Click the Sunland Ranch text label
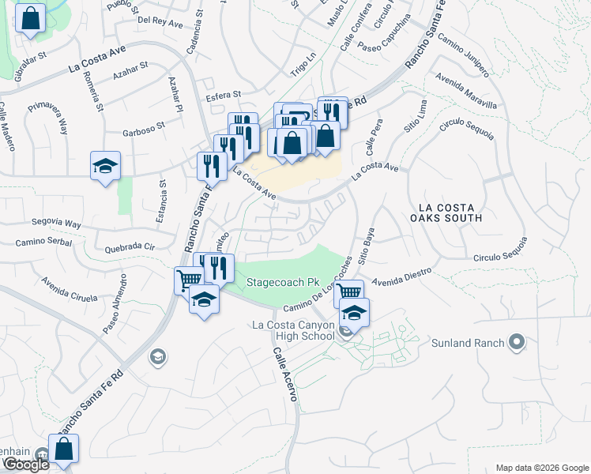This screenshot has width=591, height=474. click(x=468, y=343)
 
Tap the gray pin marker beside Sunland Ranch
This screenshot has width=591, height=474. click(x=518, y=342)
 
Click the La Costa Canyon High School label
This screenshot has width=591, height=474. click(x=293, y=330)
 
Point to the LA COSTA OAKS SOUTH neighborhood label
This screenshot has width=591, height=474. click(x=446, y=213)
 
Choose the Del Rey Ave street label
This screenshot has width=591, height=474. click(x=160, y=23)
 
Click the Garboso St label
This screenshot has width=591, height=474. click(x=143, y=125)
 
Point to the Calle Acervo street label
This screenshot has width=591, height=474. click(x=285, y=375)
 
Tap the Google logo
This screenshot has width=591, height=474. click(x=26, y=465)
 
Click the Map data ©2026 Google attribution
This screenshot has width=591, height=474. click(x=542, y=468)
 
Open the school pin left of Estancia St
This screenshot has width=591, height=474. click(x=105, y=166)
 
